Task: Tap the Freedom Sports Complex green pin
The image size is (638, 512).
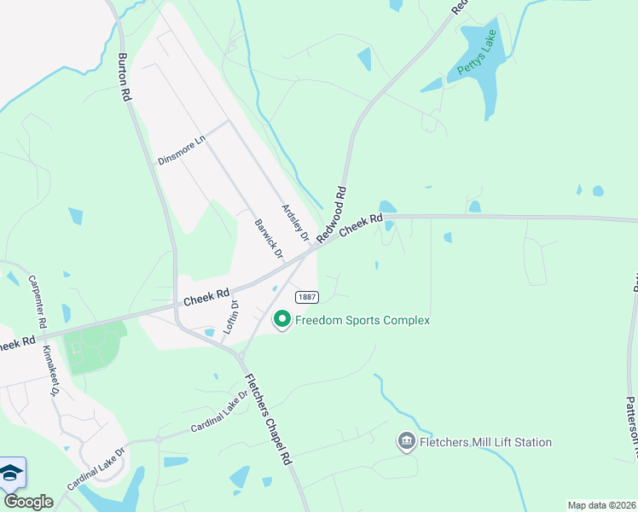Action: (282, 320)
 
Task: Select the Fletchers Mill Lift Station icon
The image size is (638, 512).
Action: (407, 442)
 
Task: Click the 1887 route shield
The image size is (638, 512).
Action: (307, 297)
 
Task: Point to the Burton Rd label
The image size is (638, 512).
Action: (125, 79)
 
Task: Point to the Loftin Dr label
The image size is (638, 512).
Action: (229, 317)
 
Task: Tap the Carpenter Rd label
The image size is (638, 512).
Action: (37, 302)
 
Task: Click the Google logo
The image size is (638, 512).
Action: (28, 502)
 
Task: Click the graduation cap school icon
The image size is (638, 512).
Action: (11, 474)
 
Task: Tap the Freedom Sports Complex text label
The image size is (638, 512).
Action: (362, 320)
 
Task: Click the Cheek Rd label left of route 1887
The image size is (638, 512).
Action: (208, 298)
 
